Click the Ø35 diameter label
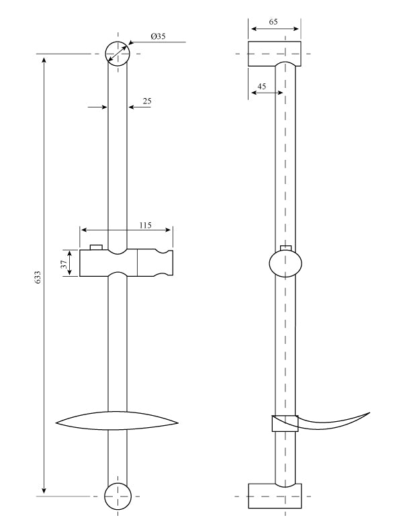pyautogui.click(x=158, y=36)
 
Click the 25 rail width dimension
pyautogui.click(x=147, y=101)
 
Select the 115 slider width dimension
pyautogui.click(x=145, y=226)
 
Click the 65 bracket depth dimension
pyautogui.click(x=273, y=22)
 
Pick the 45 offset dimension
pyautogui.click(x=261, y=86)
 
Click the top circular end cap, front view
pyautogui.click(x=118, y=53)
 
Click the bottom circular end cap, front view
pyautogui.click(x=118, y=496)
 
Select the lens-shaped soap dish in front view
pyautogui.click(x=118, y=421)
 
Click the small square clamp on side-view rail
pyautogui.click(x=284, y=423)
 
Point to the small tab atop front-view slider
pyautogui.click(x=96, y=247)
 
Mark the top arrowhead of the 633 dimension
pyautogui.click(x=44, y=60)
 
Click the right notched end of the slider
pyautogui.click(x=164, y=263)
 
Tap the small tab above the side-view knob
pyautogui.click(x=287, y=248)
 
